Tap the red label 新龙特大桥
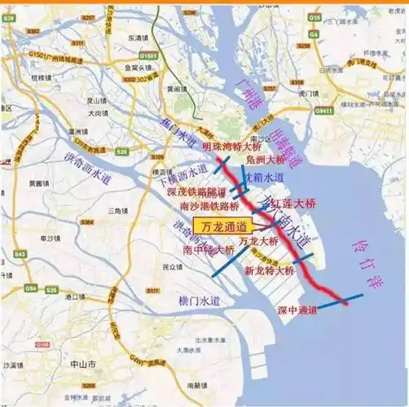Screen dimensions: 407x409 (269, 269)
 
